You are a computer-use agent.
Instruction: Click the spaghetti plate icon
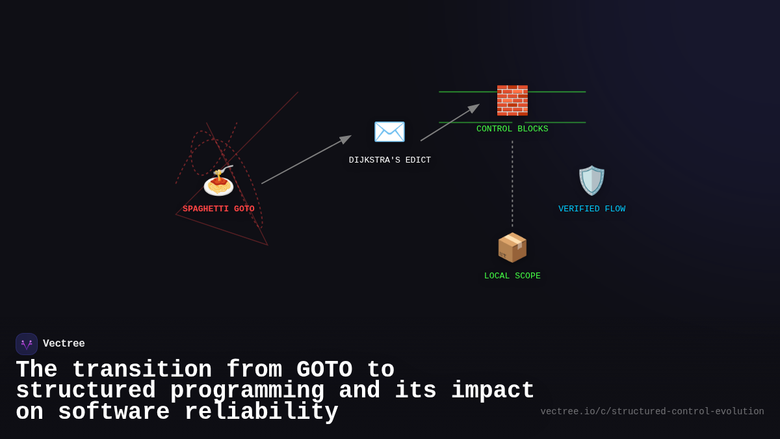(218, 181)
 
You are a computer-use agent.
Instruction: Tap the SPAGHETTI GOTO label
(218, 209)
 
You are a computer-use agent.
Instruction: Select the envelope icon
(389, 132)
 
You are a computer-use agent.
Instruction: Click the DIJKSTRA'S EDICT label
(389, 160)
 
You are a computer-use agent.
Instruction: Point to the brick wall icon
(512, 100)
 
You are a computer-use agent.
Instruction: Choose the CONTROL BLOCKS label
(512, 129)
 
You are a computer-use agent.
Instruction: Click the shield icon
(591, 180)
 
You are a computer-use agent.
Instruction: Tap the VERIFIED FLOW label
(591, 209)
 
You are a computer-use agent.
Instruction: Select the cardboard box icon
(512, 247)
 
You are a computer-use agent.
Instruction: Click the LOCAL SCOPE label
(512, 276)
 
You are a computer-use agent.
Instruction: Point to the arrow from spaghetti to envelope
(305, 160)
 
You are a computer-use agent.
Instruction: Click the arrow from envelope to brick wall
(449, 123)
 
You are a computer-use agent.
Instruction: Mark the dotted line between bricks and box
(512, 185)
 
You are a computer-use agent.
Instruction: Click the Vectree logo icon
(27, 344)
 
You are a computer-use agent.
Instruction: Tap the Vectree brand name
(64, 344)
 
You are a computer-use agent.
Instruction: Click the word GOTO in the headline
(324, 370)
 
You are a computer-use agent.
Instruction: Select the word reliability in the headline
(261, 412)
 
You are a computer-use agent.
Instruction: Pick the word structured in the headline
(86, 391)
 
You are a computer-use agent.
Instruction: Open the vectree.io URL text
(652, 412)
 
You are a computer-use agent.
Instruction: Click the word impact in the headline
(492, 391)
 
